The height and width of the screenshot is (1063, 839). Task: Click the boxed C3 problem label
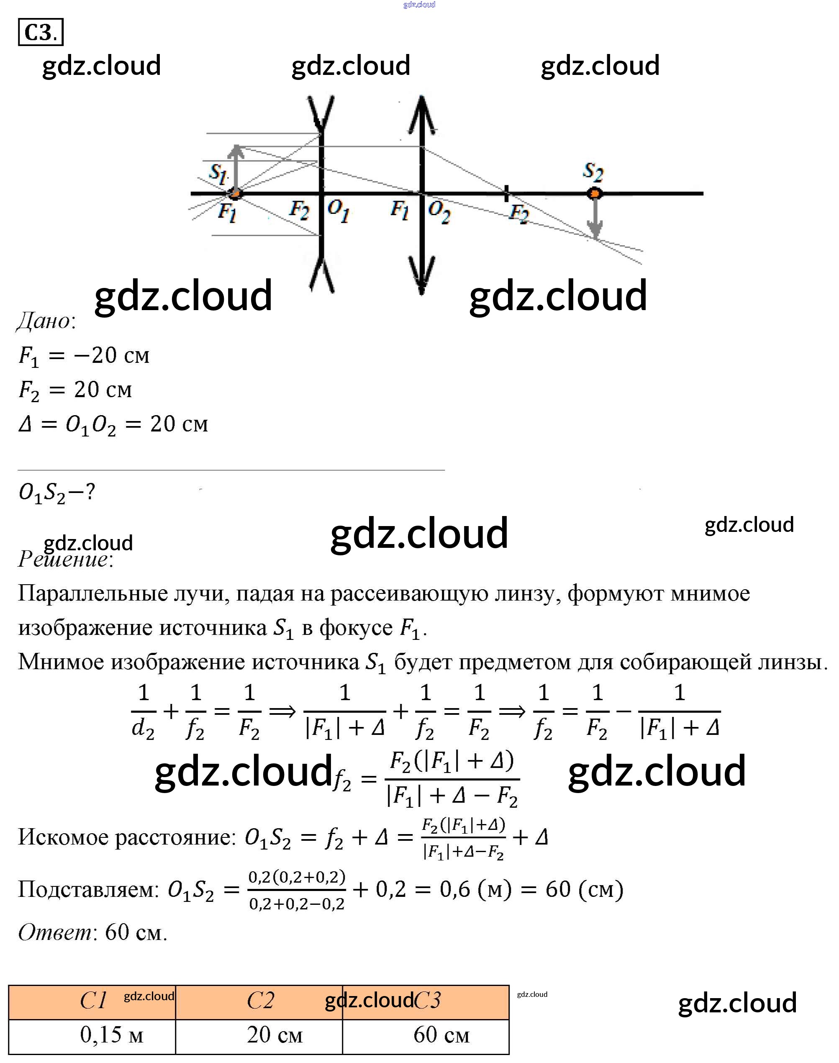point(40,32)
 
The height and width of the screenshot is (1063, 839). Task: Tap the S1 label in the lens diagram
point(218,173)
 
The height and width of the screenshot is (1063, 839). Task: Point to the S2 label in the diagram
point(593,172)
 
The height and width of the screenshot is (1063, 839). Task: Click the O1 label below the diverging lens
point(339,211)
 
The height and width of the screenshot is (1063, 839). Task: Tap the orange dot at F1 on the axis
point(236,194)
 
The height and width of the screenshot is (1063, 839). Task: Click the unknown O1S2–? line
point(56,492)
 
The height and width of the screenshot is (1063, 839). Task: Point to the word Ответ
point(54,932)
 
